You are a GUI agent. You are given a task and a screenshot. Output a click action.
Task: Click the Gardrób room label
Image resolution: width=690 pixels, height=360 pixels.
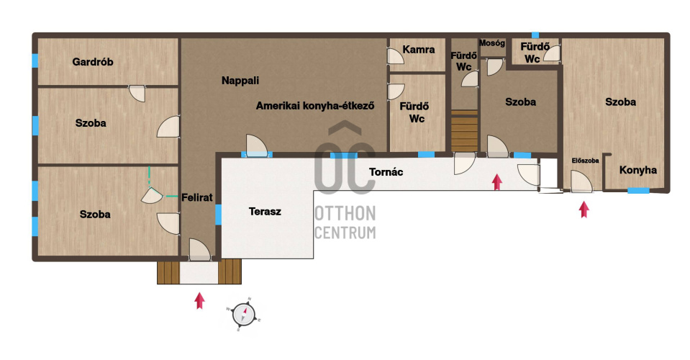point(93,62)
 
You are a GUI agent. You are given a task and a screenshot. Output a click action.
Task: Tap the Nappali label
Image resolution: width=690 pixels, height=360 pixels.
point(240,81)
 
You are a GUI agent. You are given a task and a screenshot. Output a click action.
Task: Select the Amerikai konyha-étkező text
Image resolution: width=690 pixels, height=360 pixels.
point(315,106)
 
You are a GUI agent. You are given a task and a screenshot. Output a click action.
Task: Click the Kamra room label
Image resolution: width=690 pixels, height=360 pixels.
point(419,50)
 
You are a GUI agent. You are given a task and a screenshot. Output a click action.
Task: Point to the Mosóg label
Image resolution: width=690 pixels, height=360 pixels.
point(492,43)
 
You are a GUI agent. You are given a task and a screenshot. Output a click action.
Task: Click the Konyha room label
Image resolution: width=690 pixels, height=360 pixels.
point(638,171)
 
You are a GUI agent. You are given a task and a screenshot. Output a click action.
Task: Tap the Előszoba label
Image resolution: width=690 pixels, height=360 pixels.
point(585,161)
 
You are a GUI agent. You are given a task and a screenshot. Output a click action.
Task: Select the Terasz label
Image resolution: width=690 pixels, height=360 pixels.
point(265,212)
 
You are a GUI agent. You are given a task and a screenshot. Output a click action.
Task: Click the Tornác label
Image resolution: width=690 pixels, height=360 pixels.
point(386,172)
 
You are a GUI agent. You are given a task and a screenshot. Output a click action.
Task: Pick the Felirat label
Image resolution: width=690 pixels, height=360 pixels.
point(197,197)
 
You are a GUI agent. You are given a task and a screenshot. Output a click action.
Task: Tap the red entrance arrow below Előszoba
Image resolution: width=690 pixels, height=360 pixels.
point(584,210)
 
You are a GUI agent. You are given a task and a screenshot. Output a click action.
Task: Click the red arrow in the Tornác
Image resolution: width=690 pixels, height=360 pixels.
point(497,181)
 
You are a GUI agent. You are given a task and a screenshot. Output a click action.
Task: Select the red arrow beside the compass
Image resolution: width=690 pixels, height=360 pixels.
point(200,300)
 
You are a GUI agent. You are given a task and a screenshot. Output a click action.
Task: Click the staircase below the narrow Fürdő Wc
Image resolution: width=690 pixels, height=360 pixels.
point(464,131)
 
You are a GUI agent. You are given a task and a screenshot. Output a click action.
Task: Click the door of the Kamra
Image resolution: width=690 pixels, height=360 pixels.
point(395,56)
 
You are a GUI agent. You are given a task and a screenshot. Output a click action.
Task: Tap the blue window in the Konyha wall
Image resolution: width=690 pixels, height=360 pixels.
point(638,191)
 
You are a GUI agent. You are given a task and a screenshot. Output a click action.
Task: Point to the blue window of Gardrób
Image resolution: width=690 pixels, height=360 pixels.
point(35,60)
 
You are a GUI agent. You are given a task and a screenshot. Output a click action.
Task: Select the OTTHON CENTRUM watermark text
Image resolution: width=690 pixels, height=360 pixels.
point(345,222)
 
